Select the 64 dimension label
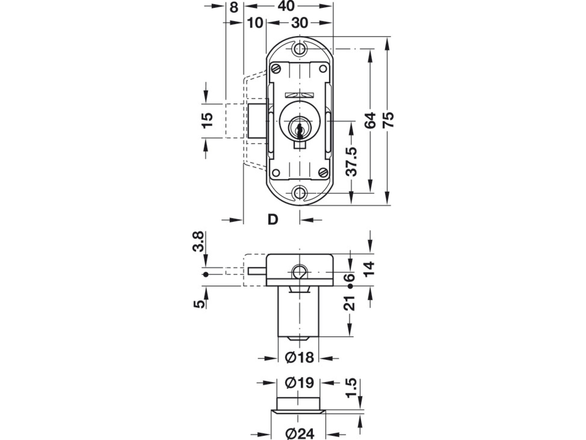370,120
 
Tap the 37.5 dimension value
352,162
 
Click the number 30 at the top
300,23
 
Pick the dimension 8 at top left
234,7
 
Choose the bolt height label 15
207,120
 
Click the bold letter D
273,220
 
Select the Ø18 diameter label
300,358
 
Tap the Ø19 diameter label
300,383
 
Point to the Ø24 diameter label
300,433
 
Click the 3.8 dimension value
198,241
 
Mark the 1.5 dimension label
352,388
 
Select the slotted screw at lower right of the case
323,172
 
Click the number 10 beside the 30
255,23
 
